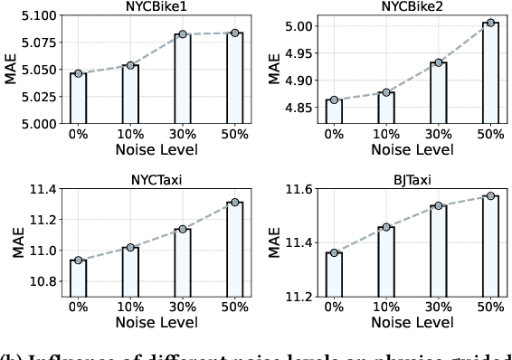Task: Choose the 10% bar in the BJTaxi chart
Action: point(386,261)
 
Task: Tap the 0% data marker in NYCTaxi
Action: point(78,261)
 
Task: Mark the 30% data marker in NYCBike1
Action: point(182,34)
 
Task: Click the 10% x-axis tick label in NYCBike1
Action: point(130,135)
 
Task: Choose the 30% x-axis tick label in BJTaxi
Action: point(439,308)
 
